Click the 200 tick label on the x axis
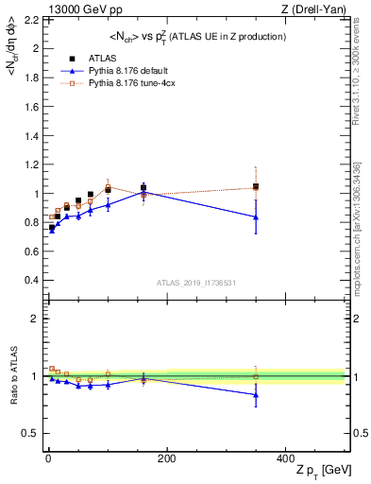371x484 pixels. click(x=166, y=457)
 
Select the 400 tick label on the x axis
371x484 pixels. click(x=284, y=457)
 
